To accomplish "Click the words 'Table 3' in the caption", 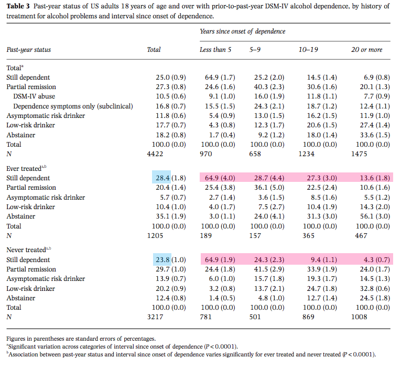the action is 18,6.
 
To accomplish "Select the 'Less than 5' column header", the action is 215,50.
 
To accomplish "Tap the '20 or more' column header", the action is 367,50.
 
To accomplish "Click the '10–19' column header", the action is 308,50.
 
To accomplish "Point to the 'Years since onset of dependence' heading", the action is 243,31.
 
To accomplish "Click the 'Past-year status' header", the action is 29,50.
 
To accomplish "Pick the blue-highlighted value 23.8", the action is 162,260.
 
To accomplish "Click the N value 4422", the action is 155,154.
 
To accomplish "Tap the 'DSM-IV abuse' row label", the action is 34,96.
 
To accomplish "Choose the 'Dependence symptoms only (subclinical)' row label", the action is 73,106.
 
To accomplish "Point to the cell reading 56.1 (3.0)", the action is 375,216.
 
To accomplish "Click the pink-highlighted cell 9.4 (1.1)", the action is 324,260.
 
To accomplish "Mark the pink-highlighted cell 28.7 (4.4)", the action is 269,178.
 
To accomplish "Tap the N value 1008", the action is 359,317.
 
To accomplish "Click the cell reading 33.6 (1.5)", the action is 375,135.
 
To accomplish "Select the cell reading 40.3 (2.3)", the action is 269,87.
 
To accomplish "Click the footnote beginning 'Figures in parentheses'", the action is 81,339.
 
